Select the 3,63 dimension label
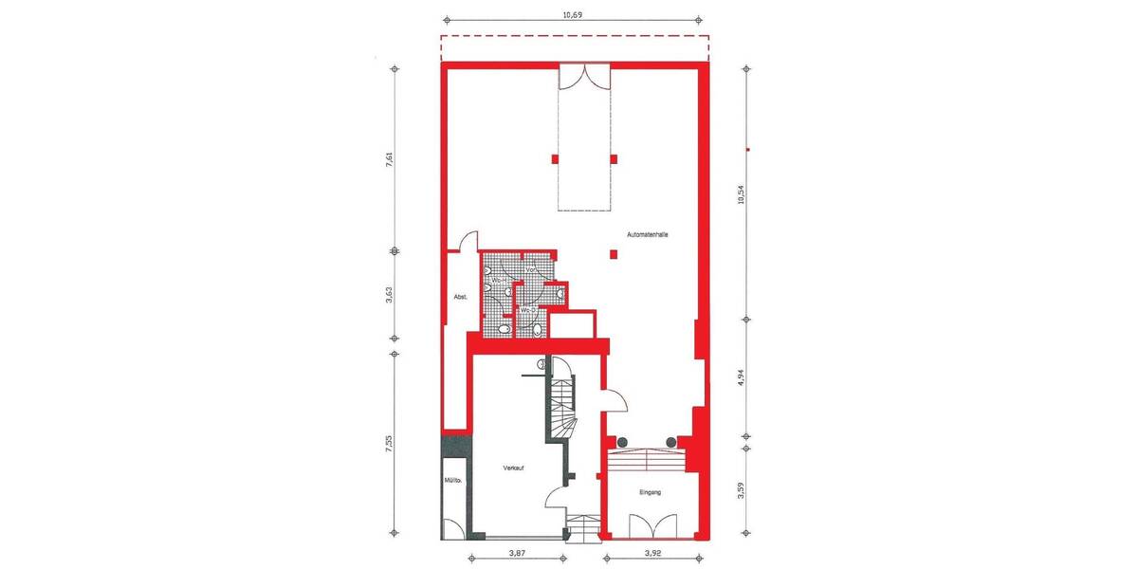pos(389,295)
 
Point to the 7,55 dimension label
pos(389,446)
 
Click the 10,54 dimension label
pos(742,193)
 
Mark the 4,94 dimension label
pos(742,379)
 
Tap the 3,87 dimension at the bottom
pos(518,552)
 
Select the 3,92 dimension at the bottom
pos(652,552)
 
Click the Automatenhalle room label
pos(648,235)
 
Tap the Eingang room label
pos(651,492)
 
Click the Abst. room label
pos(455,297)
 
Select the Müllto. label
pos(452,482)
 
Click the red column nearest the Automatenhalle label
pos(614,253)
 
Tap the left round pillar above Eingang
pos(623,442)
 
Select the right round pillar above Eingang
pos(672,442)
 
